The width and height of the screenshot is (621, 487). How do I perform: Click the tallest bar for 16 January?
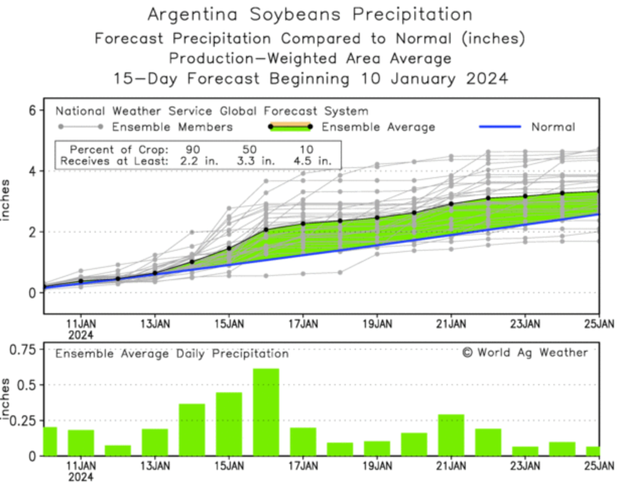[266, 412]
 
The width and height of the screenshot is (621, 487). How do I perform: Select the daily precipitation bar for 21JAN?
[451, 435]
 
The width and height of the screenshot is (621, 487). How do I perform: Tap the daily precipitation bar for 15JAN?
[229, 424]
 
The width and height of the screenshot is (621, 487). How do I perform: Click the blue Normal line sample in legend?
[499, 127]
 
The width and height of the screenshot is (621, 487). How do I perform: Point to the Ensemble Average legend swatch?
[290, 127]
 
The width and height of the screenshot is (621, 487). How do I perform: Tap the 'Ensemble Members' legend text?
[172, 127]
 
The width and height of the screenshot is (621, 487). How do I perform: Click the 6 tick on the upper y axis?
[32, 110]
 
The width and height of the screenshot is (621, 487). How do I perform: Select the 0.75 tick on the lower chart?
[24, 349]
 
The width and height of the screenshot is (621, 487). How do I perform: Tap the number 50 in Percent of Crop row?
[249, 150]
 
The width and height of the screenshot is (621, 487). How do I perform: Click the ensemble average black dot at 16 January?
[266, 230]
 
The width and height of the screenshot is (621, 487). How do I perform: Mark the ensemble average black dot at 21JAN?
[451, 204]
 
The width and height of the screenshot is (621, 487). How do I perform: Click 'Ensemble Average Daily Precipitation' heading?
[172, 354]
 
